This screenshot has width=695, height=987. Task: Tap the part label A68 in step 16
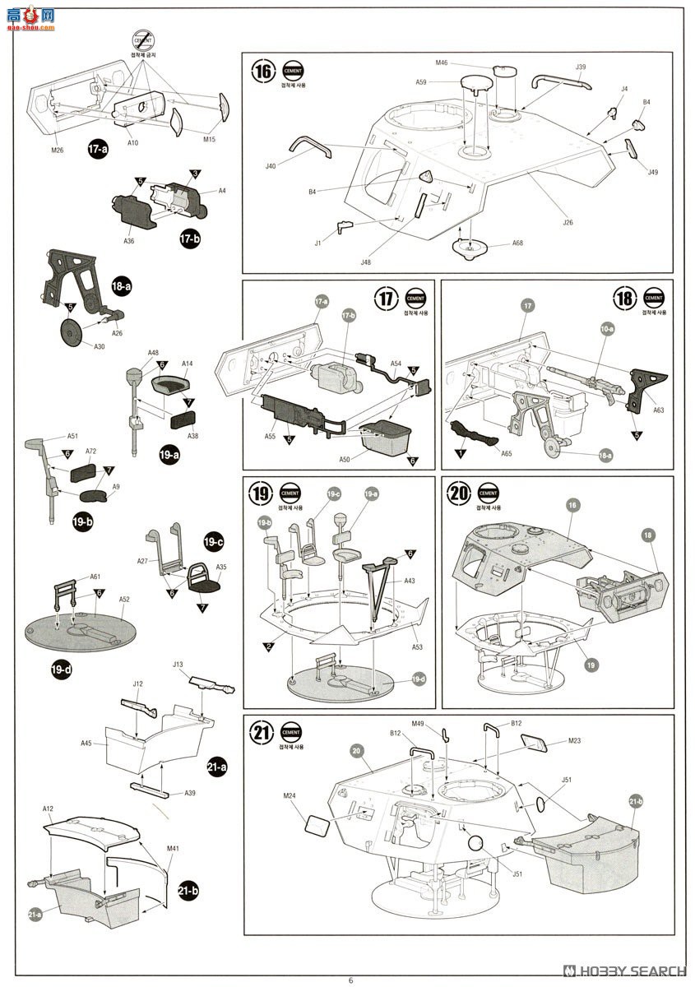click(517, 243)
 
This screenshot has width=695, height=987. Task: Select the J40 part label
click(271, 166)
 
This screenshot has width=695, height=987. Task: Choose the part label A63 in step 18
click(658, 410)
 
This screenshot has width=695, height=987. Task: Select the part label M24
click(289, 795)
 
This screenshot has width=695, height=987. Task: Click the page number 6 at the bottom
click(350, 980)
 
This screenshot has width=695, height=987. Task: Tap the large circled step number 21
click(262, 733)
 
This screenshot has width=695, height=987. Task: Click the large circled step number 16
click(262, 71)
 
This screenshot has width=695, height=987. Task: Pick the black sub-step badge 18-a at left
click(121, 286)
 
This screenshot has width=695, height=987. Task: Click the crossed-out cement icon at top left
click(143, 40)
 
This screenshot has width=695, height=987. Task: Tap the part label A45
click(86, 743)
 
